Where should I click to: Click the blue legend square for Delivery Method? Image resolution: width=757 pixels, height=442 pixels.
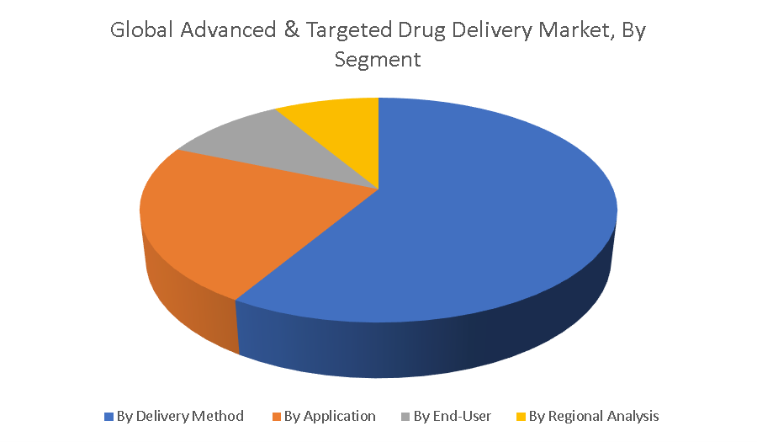109,417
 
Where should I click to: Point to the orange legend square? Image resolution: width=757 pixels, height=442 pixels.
276,417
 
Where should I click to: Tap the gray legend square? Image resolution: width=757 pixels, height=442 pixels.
405,417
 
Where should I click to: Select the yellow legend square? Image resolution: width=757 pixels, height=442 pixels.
521,417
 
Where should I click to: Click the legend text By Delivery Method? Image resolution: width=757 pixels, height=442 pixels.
180,416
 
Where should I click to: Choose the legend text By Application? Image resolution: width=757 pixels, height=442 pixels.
330,416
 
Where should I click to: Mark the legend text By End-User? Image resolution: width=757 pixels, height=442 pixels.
453,416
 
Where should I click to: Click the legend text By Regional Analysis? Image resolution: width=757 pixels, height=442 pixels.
594,416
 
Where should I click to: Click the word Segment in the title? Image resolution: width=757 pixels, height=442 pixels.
378,60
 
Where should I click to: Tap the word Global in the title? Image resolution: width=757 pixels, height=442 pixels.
141,30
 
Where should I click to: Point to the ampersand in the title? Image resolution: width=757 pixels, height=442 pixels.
291,30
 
